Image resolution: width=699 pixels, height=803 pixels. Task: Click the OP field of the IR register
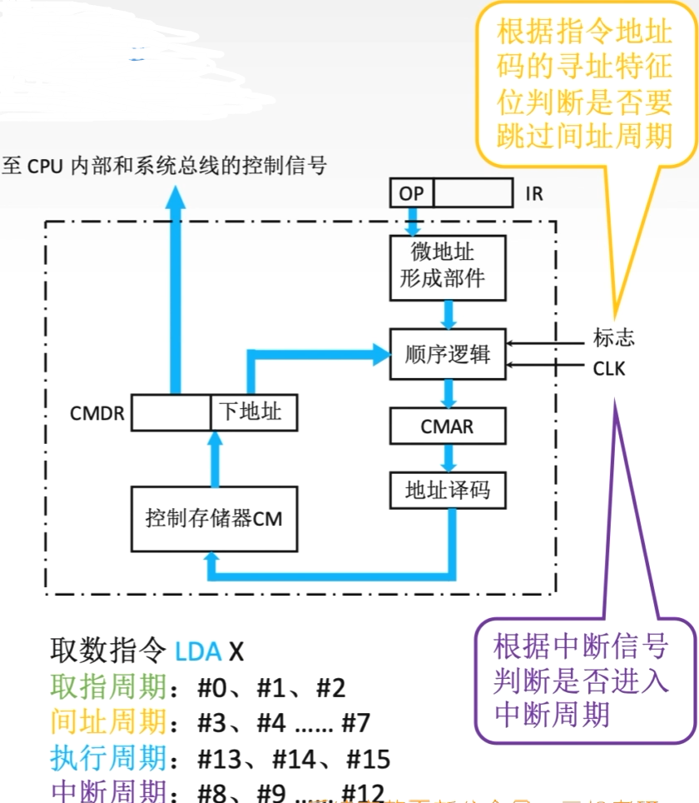pyautogui.click(x=411, y=194)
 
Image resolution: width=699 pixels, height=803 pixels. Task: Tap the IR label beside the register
pyautogui.click(x=534, y=194)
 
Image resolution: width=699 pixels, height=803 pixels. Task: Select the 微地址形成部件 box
pyautogui.click(x=449, y=266)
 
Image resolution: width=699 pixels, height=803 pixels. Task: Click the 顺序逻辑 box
pyautogui.click(x=449, y=355)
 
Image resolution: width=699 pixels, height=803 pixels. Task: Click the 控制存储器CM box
pyautogui.click(x=214, y=519)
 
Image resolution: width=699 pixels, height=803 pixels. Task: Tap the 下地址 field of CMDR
pyautogui.click(x=253, y=411)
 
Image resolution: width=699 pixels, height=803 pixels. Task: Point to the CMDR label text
pyautogui.click(x=98, y=413)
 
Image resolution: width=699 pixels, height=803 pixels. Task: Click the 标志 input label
pyautogui.click(x=614, y=337)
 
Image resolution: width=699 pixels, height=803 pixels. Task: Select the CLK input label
pyautogui.click(x=609, y=367)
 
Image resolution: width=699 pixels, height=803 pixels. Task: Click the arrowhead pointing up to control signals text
pyautogui.click(x=175, y=198)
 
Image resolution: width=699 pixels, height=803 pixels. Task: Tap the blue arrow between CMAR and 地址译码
pyautogui.click(x=449, y=457)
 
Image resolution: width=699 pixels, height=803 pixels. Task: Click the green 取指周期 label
pyautogui.click(x=108, y=687)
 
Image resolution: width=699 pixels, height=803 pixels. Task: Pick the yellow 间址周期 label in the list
pyautogui.click(x=108, y=722)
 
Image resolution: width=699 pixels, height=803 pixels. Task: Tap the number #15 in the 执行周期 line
pyautogui.click(x=368, y=759)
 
